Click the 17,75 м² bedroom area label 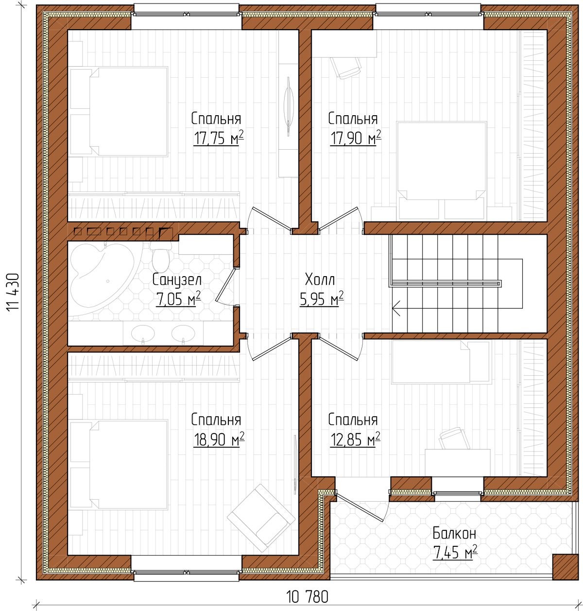[219, 138]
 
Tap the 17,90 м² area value [356, 138]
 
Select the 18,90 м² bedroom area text [219, 439]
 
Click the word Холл [320, 279]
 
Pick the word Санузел [177, 280]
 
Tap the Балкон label [454, 533]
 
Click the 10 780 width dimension [308, 596]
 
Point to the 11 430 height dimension [13, 292]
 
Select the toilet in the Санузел [160, 255]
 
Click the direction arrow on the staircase [396, 308]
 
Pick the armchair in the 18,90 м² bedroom [261, 518]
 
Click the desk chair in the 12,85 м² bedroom [454, 437]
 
